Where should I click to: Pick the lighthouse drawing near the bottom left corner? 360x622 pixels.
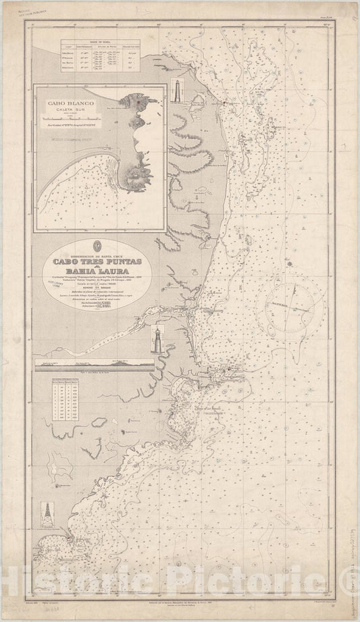(x=49, y=513)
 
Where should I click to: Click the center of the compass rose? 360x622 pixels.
(x=296, y=288)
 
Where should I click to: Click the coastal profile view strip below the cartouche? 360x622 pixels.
(x=95, y=364)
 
